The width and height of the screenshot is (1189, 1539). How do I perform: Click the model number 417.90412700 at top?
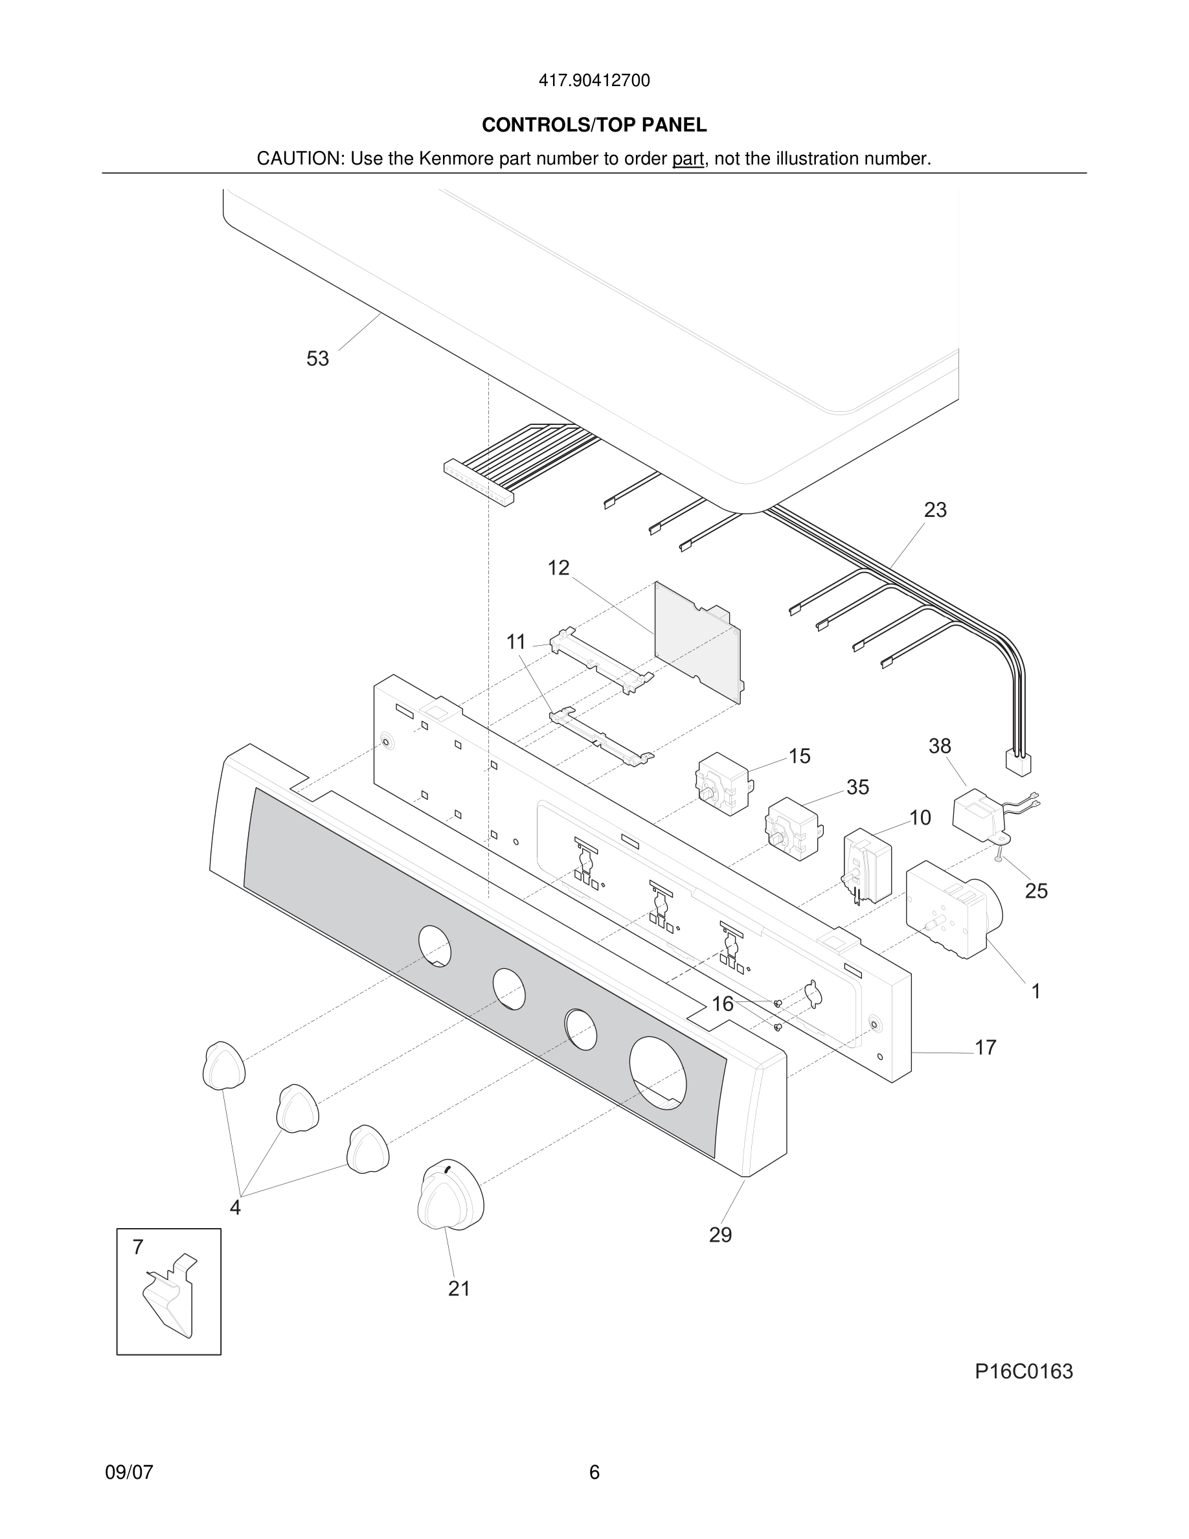click(x=594, y=81)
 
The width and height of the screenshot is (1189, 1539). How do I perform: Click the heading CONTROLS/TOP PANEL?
click(x=594, y=126)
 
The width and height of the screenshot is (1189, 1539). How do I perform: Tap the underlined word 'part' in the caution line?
click(x=688, y=159)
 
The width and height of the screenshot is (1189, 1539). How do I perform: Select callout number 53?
click(x=318, y=359)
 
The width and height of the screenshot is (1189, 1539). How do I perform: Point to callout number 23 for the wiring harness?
click(x=934, y=510)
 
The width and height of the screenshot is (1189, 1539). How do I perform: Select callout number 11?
click(x=516, y=642)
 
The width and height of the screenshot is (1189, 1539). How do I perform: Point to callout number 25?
click(x=1036, y=891)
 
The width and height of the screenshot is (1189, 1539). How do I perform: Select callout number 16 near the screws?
click(x=723, y=1004)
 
